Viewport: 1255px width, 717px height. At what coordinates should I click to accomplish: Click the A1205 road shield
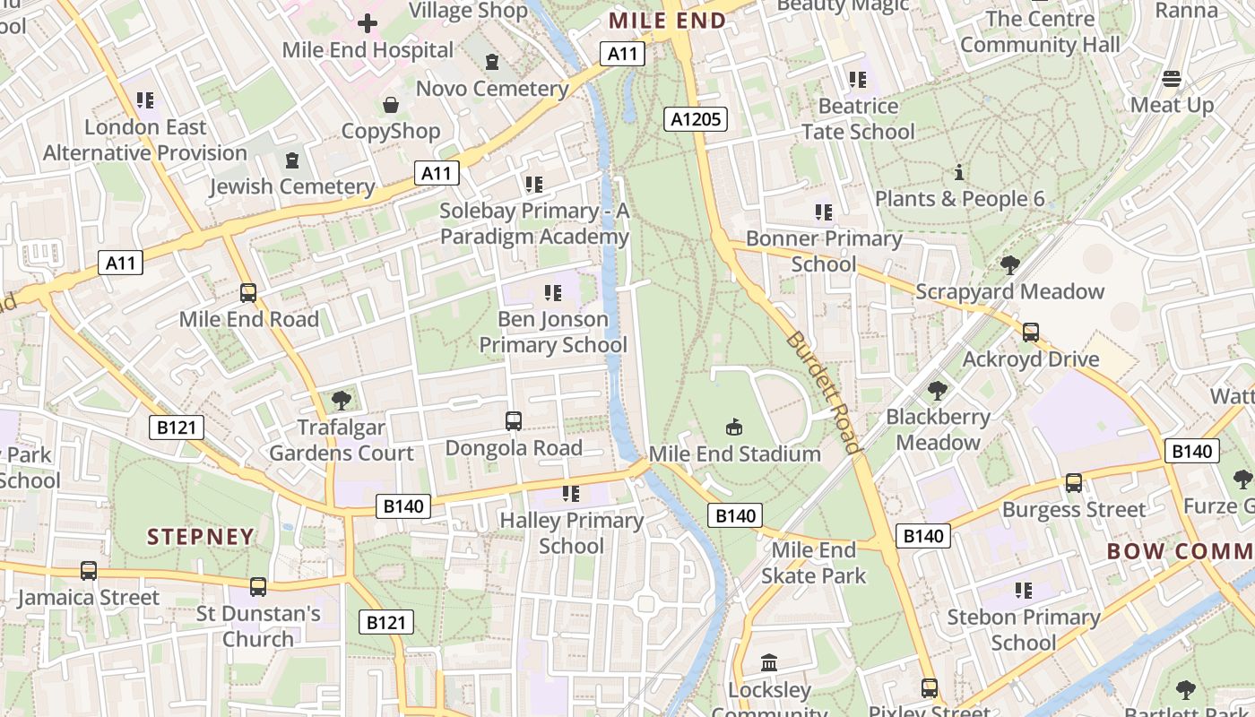click(697, 118)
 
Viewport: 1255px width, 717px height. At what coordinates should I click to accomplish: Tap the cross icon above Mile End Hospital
click(368, 23)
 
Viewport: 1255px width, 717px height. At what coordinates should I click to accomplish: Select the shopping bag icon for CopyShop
click(391, 105)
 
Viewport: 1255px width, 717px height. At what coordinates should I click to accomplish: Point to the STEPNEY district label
click(201, 537)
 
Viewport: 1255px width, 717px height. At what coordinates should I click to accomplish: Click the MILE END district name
click(667, 20)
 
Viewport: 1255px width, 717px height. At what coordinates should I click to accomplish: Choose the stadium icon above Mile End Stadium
click(734, 428)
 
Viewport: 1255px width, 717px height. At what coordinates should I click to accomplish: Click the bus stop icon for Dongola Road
click(514, 420)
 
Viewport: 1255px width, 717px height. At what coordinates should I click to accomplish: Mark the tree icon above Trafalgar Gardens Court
click(341, 401)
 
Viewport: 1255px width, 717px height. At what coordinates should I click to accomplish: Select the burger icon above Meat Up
click(1172, 79)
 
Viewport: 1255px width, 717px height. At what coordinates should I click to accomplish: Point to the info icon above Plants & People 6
click(959, 172)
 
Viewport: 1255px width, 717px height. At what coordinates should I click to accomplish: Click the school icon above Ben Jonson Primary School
click(552, 292)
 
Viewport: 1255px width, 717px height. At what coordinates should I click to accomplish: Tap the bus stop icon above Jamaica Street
click(88, 571)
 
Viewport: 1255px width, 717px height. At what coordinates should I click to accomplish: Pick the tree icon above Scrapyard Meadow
click(1010, 265)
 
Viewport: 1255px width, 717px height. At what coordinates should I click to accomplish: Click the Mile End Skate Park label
click(814, 562)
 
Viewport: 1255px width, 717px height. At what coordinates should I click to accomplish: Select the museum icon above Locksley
click(769, 663)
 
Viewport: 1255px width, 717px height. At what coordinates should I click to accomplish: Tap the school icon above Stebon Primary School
click(1023, 591)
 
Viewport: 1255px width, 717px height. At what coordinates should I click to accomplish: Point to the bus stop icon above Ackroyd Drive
click(1031, 333)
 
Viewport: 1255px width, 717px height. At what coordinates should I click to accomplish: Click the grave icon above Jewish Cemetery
click(291, 160)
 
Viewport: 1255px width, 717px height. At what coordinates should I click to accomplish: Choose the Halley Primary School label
click(571, 532)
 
